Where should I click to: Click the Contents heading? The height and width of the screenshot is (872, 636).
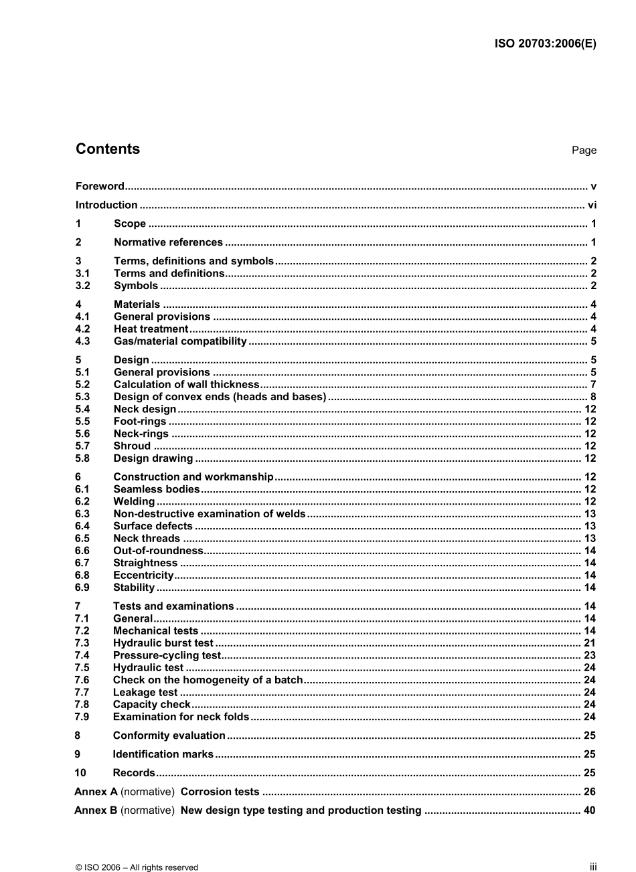(108, 149)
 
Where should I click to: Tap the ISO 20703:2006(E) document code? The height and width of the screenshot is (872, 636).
(545, 44)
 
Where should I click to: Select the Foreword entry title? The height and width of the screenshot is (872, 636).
(100, 186)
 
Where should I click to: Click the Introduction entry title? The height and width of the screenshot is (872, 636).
(106, 205)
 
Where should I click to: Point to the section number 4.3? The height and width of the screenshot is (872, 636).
(83, 341)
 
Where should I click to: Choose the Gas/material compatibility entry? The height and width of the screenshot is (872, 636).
(180, 341)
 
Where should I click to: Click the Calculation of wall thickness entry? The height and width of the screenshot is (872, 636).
(186, 384)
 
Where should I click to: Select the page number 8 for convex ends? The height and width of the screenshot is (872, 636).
(592, 397)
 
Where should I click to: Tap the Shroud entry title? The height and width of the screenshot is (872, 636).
(132, 446)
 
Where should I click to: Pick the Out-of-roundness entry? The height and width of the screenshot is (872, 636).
(158, 551)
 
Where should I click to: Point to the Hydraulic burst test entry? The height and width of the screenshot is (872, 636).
(163, 643)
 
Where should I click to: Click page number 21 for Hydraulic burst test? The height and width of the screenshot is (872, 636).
(589, 643)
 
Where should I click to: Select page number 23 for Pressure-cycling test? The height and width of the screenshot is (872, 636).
(589, 655)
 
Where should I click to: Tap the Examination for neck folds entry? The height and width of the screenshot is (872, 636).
(181, 717)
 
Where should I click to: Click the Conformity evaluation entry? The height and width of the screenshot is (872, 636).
(169, 735)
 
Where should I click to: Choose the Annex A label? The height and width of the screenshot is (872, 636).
(96, 792)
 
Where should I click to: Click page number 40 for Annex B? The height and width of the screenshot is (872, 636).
(589, 810)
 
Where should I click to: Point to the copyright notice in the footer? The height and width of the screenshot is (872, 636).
(137, 867)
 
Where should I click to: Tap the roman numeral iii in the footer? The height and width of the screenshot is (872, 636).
(592, 867)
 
